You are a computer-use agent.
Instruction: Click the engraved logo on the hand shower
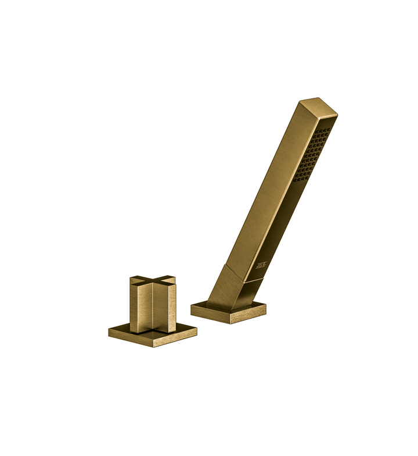[260, 265]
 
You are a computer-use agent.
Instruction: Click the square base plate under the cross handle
[152, 334]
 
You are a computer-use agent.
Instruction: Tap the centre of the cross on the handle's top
[153, 283]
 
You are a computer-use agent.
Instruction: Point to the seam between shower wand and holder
[244, 273]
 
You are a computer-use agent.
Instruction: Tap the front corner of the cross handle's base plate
[153, 347]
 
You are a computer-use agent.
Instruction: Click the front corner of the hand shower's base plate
[230, 323]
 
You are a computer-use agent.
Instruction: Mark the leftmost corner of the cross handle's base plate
[109, 332]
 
